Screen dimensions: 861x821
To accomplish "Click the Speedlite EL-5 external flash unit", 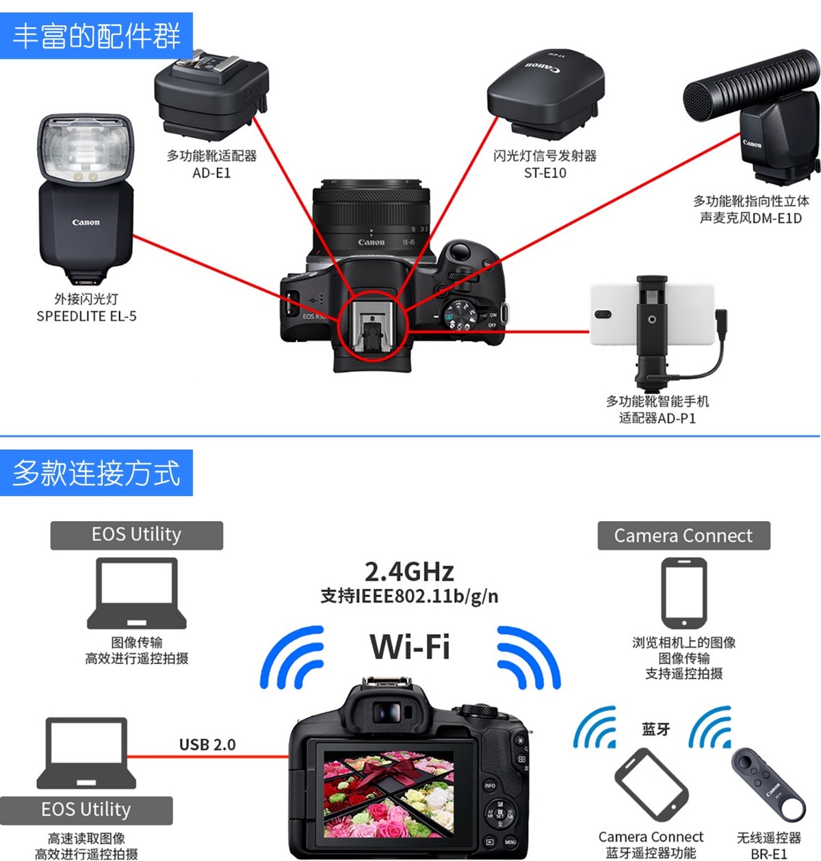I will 86,198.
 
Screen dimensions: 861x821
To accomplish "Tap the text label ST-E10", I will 545,173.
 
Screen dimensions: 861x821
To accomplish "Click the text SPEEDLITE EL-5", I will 86,316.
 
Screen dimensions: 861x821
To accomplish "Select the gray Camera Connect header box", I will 683,535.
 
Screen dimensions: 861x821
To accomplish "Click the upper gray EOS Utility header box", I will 137,535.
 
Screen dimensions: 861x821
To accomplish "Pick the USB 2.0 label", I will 207,745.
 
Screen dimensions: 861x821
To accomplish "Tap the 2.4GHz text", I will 409,572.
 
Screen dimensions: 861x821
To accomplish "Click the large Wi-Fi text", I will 410,646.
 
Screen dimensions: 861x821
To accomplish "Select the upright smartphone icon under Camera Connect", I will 683,592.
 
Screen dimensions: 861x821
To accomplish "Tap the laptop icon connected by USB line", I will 86,752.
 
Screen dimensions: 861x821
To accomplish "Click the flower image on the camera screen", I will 389,793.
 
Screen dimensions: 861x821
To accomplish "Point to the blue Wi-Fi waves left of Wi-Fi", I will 292,658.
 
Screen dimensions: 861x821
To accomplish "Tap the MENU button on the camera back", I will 510,842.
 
